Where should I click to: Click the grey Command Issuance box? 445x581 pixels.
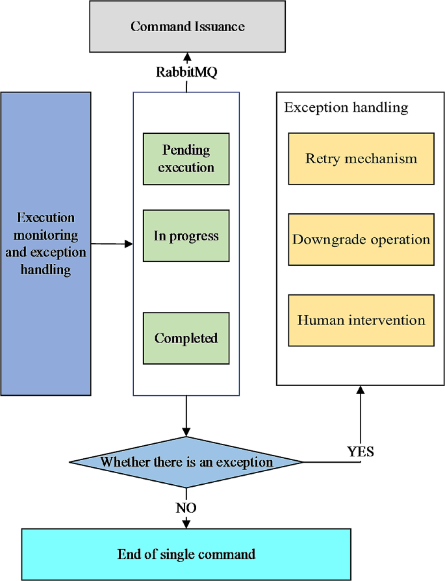187,27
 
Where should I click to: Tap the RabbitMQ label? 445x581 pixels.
186,71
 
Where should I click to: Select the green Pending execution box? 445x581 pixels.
186,159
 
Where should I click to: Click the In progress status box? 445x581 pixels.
186,235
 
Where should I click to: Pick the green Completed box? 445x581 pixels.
186,338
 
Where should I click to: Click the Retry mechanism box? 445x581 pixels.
361,159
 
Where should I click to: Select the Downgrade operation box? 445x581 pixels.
361,239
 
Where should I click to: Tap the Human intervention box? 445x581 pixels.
361,320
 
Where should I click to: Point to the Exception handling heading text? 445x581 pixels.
346,107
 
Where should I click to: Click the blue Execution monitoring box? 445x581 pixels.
45,244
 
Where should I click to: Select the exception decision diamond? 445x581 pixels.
186,462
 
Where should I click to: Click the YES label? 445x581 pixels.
361,451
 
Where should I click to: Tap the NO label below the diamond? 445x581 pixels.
186,508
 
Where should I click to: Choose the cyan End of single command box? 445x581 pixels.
186,554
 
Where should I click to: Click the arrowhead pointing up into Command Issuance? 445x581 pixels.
187,57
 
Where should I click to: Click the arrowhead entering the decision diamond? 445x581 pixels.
186,432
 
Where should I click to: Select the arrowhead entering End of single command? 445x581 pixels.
186,523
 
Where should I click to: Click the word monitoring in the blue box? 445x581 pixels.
45,235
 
